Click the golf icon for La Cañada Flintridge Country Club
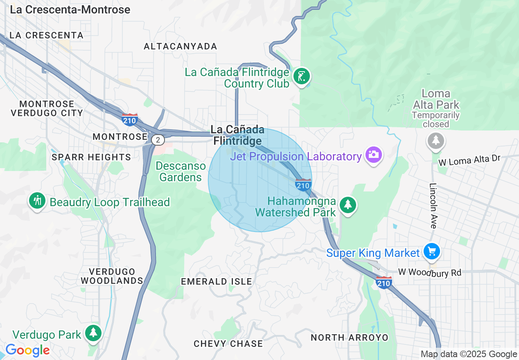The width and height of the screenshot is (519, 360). [302, 76]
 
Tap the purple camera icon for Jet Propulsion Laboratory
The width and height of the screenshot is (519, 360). [373, 155]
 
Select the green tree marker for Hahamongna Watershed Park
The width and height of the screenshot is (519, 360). [348, 204]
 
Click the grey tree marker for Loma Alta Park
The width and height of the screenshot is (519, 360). [436, 141]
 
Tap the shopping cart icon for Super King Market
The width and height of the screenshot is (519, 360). [431, 251]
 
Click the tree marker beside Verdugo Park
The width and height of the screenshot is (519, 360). [93, 333]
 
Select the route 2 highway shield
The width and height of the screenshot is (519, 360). [158, 140]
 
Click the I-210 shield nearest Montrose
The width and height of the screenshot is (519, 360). [129, 119]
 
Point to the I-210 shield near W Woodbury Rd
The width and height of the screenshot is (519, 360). [384, 282]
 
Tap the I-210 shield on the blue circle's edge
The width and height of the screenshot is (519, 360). [303, 185]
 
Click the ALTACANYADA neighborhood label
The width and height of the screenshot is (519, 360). [180, 47]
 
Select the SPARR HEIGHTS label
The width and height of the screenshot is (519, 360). [91, 157]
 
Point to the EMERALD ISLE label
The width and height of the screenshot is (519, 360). [217, 281]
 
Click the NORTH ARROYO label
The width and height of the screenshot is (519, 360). [349, 337]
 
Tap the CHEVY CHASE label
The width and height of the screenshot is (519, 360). [228, 344]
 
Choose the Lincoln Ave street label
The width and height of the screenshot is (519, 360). [433, 205]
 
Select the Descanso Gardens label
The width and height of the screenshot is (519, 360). [181, 172]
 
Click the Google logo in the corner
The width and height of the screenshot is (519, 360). [27, 350]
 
